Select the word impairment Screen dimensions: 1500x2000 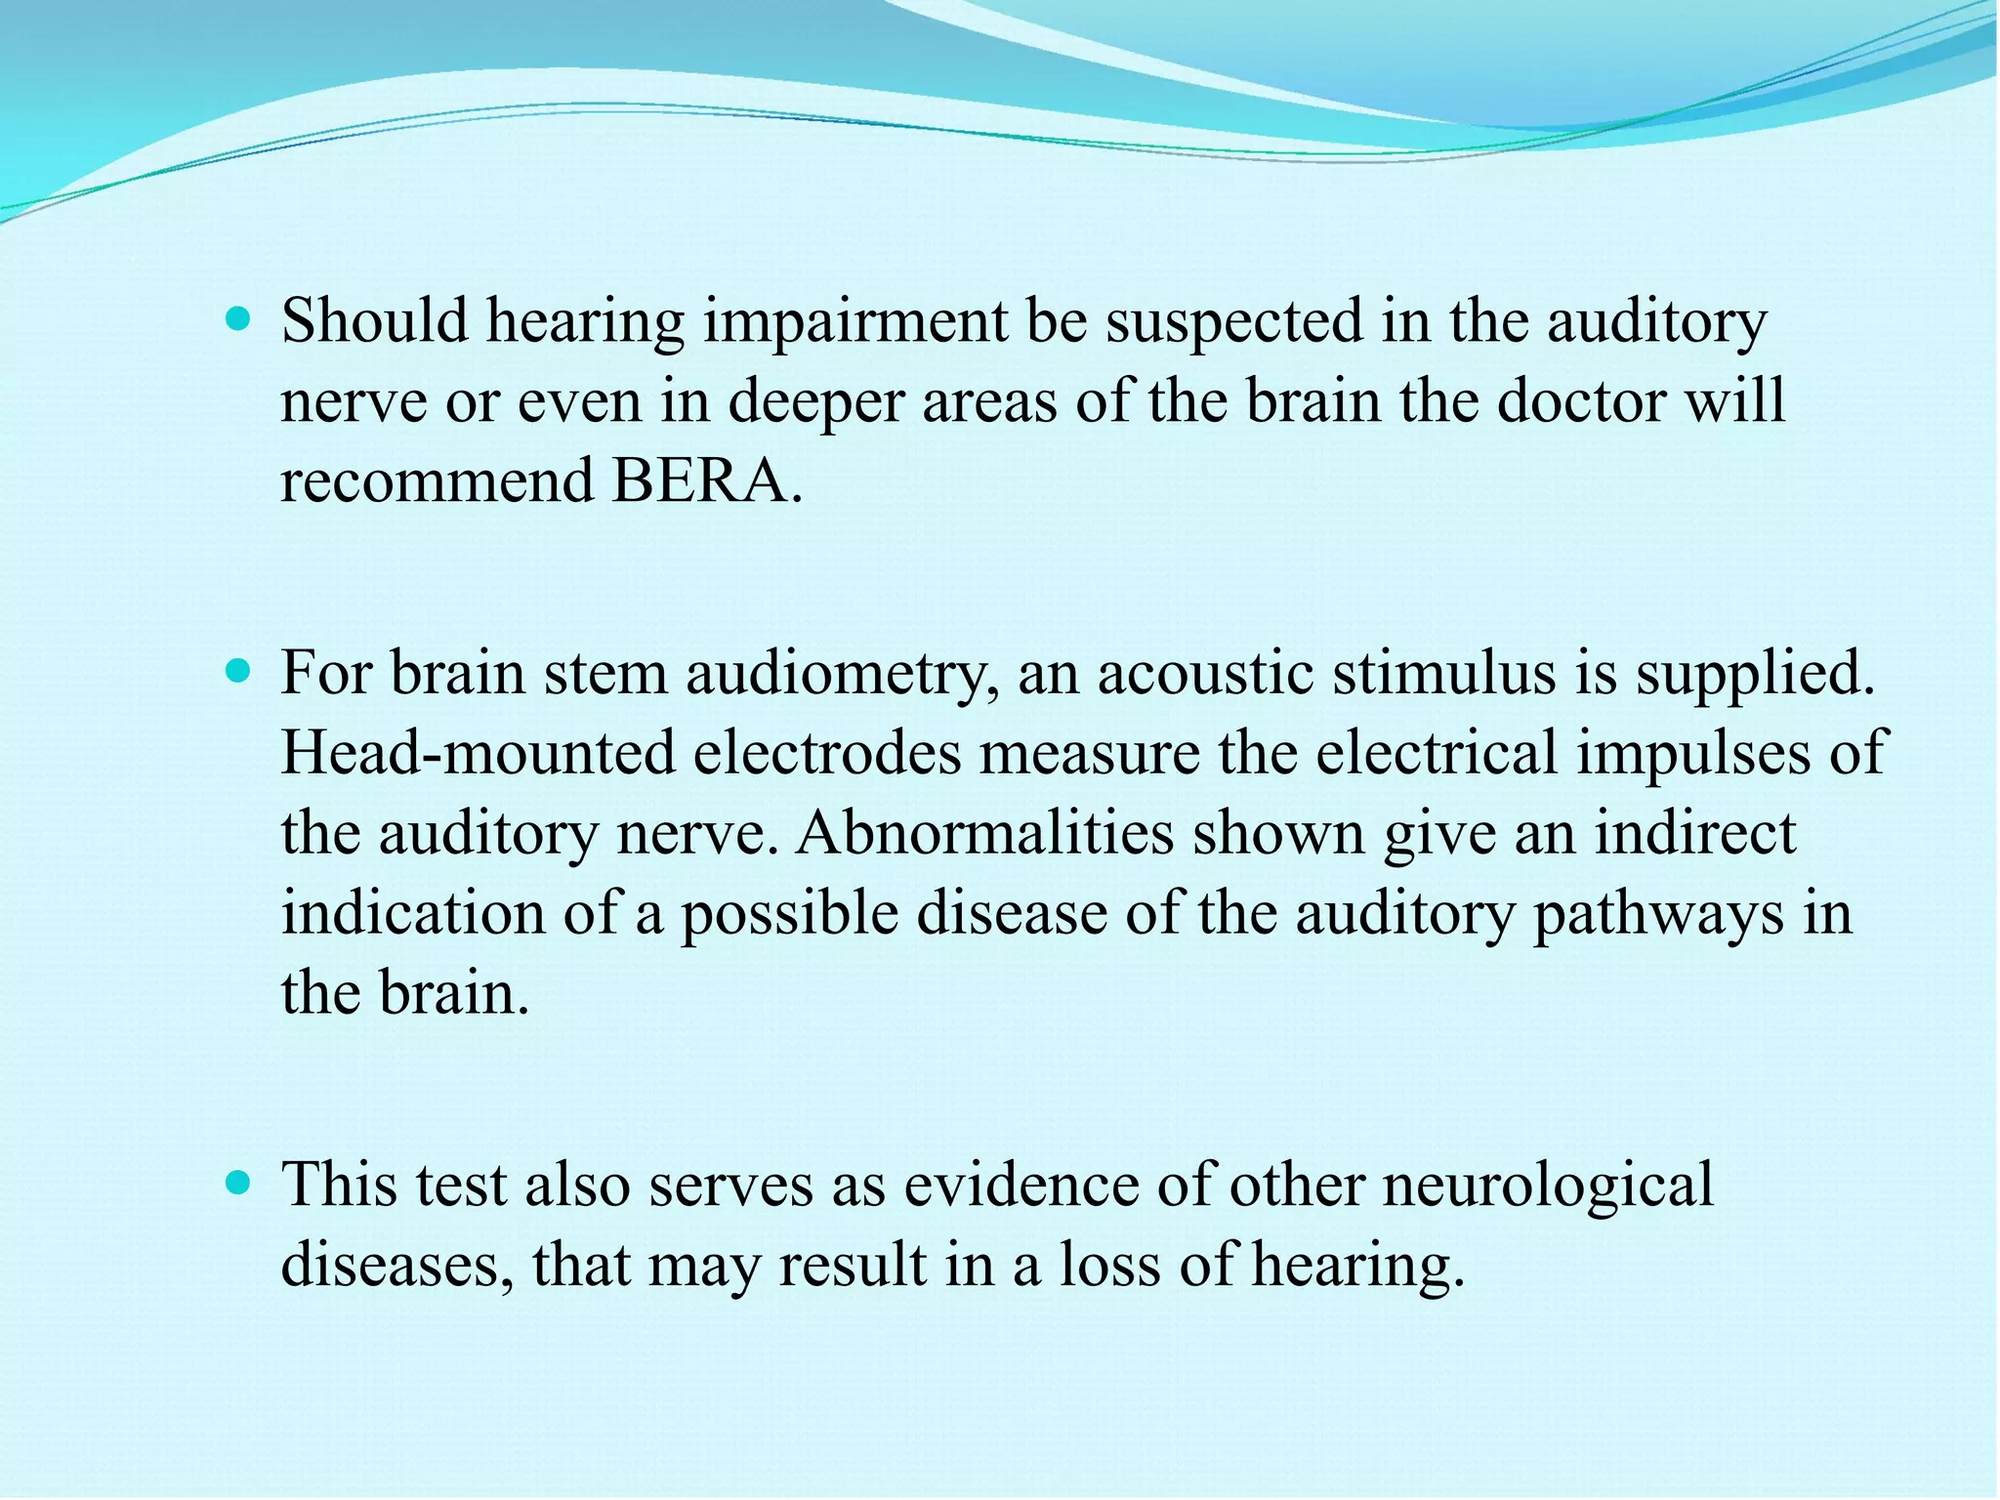(855, 322)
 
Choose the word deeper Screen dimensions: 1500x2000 (815, 402)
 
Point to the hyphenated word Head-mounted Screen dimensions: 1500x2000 (479, 753)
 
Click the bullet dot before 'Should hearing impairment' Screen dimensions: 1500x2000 (237, 318)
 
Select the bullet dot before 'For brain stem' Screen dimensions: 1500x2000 (237, 672)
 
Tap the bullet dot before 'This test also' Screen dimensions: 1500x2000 (237, 1184)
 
